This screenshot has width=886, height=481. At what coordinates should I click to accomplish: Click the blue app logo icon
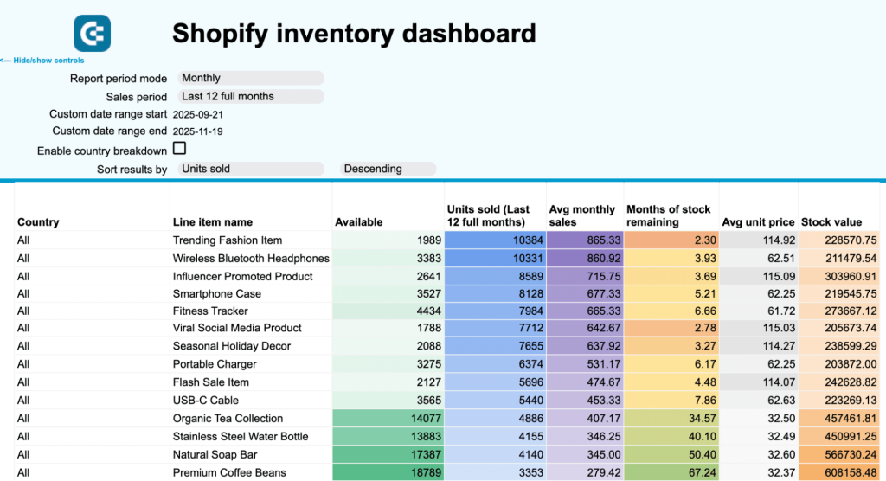pos(92,34)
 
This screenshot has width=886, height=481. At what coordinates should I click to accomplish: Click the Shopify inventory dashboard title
pos(354,34)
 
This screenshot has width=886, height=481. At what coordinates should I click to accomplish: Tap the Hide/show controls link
pos(42,61)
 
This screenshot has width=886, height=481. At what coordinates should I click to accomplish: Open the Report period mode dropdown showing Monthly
pos(251,78)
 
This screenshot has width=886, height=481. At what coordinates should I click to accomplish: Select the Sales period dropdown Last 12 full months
pos(251,96)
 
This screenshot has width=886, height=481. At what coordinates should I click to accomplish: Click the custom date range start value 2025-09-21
pos(199,114)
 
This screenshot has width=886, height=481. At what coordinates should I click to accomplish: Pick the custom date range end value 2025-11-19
pos(199,131)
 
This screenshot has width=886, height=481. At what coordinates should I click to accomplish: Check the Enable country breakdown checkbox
pos(180,149)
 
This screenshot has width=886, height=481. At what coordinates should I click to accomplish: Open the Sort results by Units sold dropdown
pos(251,169)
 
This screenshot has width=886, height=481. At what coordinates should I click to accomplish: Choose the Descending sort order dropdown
pos(388,169)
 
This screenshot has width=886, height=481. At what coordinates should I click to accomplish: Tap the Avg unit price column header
pos(758,222)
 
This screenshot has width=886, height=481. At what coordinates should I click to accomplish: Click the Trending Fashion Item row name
pos(228,240)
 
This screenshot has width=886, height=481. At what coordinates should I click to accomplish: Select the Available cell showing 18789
pos(388,472)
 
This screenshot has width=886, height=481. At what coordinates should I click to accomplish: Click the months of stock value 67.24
pos(671,472)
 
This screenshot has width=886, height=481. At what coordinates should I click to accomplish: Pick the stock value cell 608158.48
pos(838,472)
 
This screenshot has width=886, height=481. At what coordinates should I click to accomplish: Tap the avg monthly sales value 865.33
pos(584,240)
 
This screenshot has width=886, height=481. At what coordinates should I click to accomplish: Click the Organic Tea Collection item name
pos(228,419)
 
